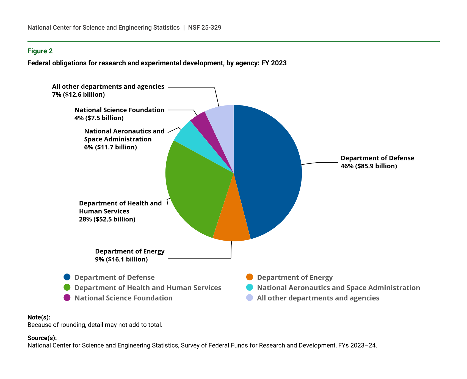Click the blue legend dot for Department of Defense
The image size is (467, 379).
tap(67, 277)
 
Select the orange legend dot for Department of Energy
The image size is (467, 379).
tap(250, 277)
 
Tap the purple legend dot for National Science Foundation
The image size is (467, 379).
tap(67, 298)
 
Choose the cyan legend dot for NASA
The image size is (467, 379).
tap(250, 288)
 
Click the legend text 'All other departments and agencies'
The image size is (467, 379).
tap(318, 298)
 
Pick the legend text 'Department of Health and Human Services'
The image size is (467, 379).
tap(148, 288)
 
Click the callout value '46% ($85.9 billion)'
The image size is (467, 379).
tap(369, 166)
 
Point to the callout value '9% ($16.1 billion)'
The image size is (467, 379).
tap(121, 259)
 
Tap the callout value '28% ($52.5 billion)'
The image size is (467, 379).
tap(107, 219)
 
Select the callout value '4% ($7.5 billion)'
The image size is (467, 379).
tap(99, 118)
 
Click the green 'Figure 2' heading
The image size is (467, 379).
tap(40, 51)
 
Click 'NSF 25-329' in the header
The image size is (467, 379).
tap(205, 27)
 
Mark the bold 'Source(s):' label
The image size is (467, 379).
tap(42, 338)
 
